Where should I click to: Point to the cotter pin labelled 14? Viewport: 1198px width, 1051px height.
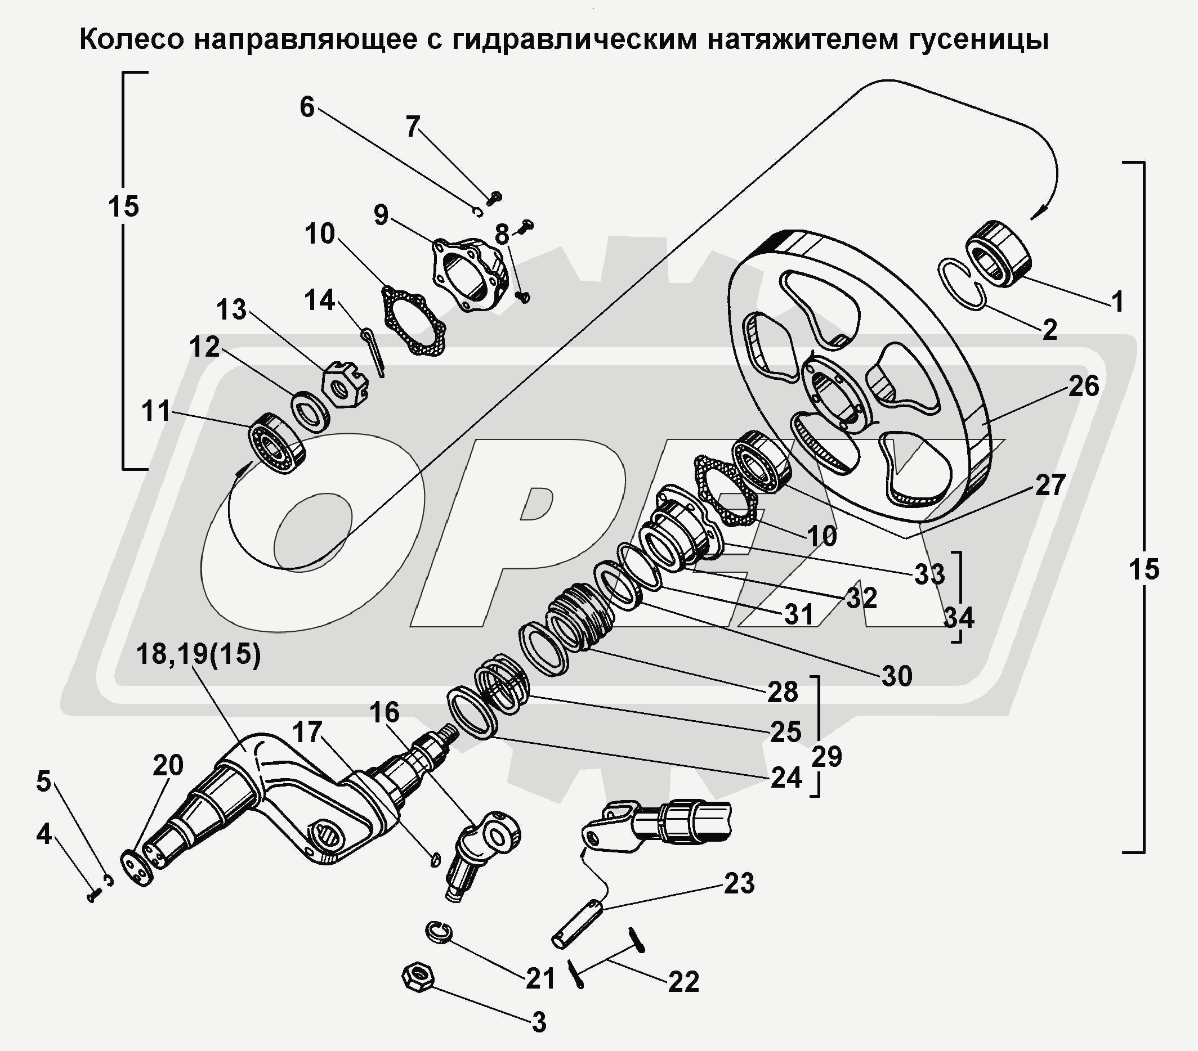[374, 353]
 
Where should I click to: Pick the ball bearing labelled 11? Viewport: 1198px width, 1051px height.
[278, 443]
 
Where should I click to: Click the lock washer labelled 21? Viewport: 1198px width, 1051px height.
[437, 932]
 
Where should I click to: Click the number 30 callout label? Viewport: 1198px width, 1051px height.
[897, 676]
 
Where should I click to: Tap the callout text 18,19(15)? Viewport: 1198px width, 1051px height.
[198, 654]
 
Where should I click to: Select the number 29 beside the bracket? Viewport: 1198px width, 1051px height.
[826, 756]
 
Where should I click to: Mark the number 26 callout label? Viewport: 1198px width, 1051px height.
[1083, 386]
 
